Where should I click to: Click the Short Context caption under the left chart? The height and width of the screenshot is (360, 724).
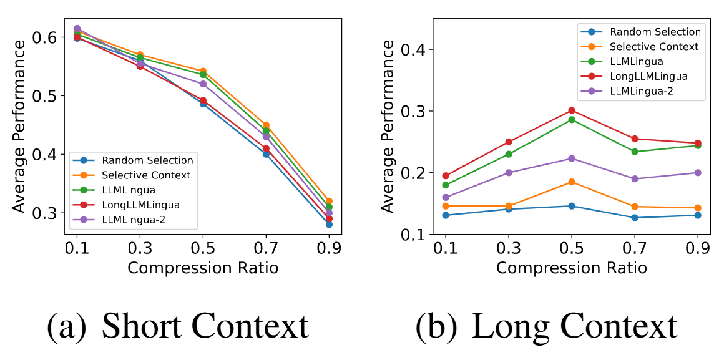(x=179, y=325)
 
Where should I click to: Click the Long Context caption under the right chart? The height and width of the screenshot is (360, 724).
(x=546, y=325)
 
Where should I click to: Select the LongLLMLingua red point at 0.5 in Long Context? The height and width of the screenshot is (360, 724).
(x=572, y=110)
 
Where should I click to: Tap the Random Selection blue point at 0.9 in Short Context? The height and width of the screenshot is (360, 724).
(x=329, y=224)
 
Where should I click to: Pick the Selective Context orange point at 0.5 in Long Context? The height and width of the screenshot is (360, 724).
(x=572, y=182)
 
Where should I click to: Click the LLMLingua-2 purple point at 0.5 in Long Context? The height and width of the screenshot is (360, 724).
(x=572, y=158)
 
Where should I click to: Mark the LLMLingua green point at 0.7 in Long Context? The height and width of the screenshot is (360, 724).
(x=635, y=152)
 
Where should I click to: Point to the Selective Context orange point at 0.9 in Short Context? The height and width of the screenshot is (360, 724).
(x=329, y=201)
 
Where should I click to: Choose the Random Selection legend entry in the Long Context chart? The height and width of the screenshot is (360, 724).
(x=655, y=32)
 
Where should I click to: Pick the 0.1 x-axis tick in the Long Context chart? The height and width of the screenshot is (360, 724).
(x=446, y=248)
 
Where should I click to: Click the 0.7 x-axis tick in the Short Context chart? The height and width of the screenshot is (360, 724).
(x=266, y=248)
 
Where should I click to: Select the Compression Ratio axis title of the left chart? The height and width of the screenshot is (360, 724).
(x=203, y=268)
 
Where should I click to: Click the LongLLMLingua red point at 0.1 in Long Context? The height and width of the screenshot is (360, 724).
(x=446, y=176)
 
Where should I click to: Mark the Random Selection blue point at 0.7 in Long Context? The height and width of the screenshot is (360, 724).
(x=635, y=218)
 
